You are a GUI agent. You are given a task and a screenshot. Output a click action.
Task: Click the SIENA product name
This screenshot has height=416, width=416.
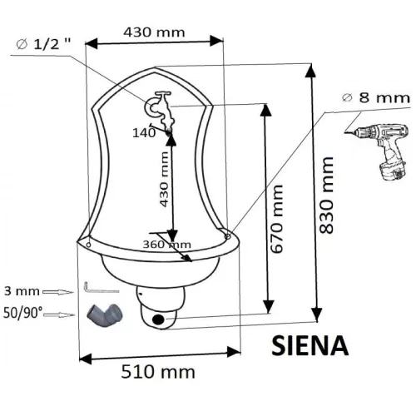(310, 345)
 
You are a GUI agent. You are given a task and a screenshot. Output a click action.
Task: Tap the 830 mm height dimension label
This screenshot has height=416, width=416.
(326, 195)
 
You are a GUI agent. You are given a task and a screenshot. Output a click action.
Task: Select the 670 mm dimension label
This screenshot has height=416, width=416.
(277, 219)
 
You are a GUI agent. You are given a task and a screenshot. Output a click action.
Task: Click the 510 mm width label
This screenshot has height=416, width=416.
(158, 372)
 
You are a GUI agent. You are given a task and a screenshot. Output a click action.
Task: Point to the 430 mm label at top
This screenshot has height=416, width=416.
(154, 32)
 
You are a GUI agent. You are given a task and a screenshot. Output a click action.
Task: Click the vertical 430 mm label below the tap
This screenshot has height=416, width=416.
(164, 180)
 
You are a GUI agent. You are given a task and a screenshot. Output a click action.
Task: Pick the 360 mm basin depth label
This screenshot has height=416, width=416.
(166, 245)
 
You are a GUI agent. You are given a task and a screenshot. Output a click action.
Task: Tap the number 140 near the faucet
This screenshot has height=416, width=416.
(144, 133)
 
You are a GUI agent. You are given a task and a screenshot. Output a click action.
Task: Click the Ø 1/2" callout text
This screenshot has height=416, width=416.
(43, 44)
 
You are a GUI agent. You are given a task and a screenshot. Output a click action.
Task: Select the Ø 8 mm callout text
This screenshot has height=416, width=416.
(376, 98)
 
